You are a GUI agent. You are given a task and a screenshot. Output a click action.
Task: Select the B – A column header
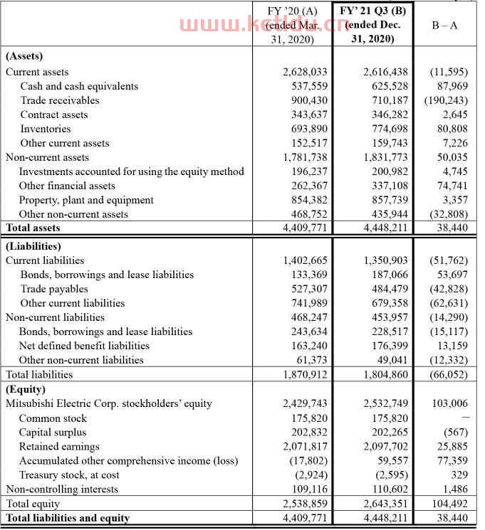(x=445, y=24)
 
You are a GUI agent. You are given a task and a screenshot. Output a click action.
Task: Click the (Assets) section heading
(x=24, y=56)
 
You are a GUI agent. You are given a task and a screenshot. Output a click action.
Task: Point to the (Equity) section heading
(x=26, y=389)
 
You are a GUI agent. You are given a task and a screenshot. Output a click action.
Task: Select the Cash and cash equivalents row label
(x=79, y=86)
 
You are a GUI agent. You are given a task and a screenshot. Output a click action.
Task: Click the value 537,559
(x=306, y=86)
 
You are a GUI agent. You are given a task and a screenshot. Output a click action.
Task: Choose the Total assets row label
(x=33, y=228)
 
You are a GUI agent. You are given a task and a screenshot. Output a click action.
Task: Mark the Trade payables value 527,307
(x=306, y=289)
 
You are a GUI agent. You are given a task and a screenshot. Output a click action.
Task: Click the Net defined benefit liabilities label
(x=84, y=346)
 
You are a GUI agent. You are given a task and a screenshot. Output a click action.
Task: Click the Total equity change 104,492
(x=452, y=504)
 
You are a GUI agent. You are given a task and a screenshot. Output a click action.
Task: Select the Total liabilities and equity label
(x=68, y=518)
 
